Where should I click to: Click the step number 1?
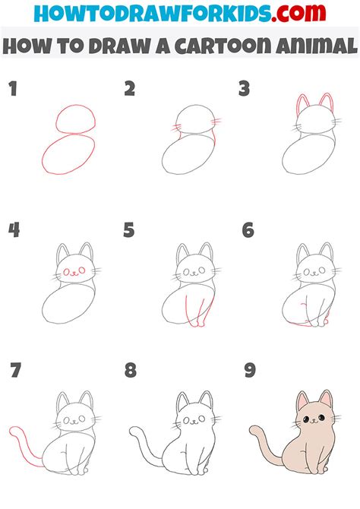tap(12, 90)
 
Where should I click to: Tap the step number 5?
tap(129, 229)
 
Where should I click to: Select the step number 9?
tap(248, 372)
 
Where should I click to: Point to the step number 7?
tap(15, 372)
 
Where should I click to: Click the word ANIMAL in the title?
tap(311, 46)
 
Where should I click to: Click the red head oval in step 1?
tap(74, 121)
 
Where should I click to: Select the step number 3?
tap(244, 90)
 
